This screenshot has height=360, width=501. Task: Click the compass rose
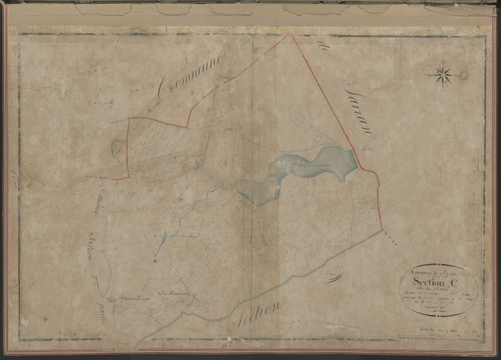442,74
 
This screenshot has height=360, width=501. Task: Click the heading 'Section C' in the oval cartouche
438,281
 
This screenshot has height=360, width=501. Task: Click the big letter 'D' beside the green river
334,274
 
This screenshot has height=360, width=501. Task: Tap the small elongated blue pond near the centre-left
163,241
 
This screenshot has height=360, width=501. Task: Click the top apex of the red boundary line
290,34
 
